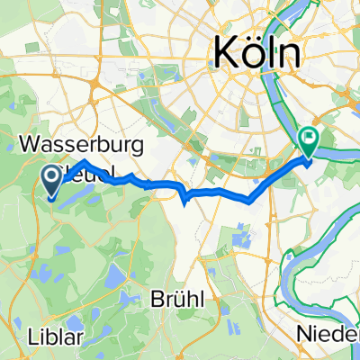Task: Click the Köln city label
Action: (x=256, y=54)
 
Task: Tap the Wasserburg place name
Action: (x=77, y=144)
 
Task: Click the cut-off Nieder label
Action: (x=329, y=335)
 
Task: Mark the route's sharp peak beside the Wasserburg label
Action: (x=83, y=161)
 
